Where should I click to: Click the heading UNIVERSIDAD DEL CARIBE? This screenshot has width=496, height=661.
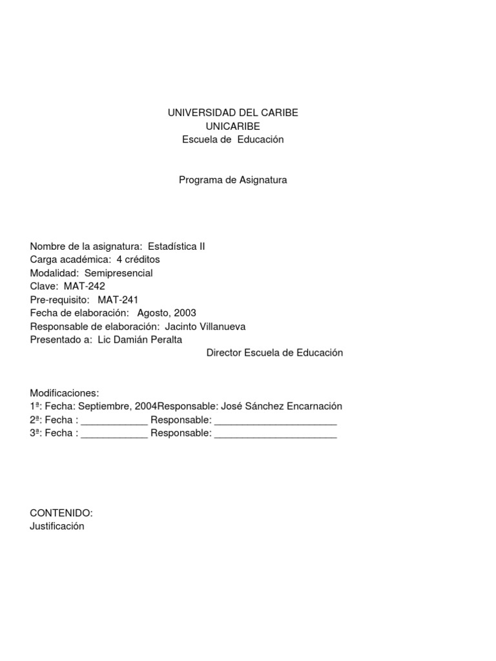[x=232, y=112]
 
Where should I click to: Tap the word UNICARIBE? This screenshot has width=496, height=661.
[x=232, y=126]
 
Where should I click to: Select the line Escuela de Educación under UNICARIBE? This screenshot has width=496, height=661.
[x=232, y=139]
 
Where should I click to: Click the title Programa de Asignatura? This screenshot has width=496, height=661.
[x=232, y=180]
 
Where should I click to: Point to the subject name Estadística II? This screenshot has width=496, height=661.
[x=176, y=246]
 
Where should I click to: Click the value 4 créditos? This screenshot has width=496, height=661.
[x=138, y=259]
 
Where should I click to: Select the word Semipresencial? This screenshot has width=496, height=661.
[x=119, y=273]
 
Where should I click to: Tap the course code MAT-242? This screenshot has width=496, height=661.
[x=85, y=286]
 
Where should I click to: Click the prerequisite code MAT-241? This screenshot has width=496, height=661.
[x=118, y=300]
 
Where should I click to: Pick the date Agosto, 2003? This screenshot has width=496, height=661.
[x=167, y=313]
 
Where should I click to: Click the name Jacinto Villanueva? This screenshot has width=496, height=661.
[x=205, y=327]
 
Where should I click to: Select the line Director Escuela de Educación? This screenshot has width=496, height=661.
[x=274, y=353]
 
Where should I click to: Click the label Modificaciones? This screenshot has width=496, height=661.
[x=65, y=392]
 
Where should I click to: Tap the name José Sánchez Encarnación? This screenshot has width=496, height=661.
[x=281, y=406]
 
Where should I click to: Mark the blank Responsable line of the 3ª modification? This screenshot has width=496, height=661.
[x=275, y=434]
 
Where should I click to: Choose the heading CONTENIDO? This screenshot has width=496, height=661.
[x=61, y=513]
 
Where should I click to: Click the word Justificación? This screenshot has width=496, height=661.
[x=57, y=526]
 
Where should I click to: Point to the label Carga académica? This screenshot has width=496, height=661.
[x=70, y=259]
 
